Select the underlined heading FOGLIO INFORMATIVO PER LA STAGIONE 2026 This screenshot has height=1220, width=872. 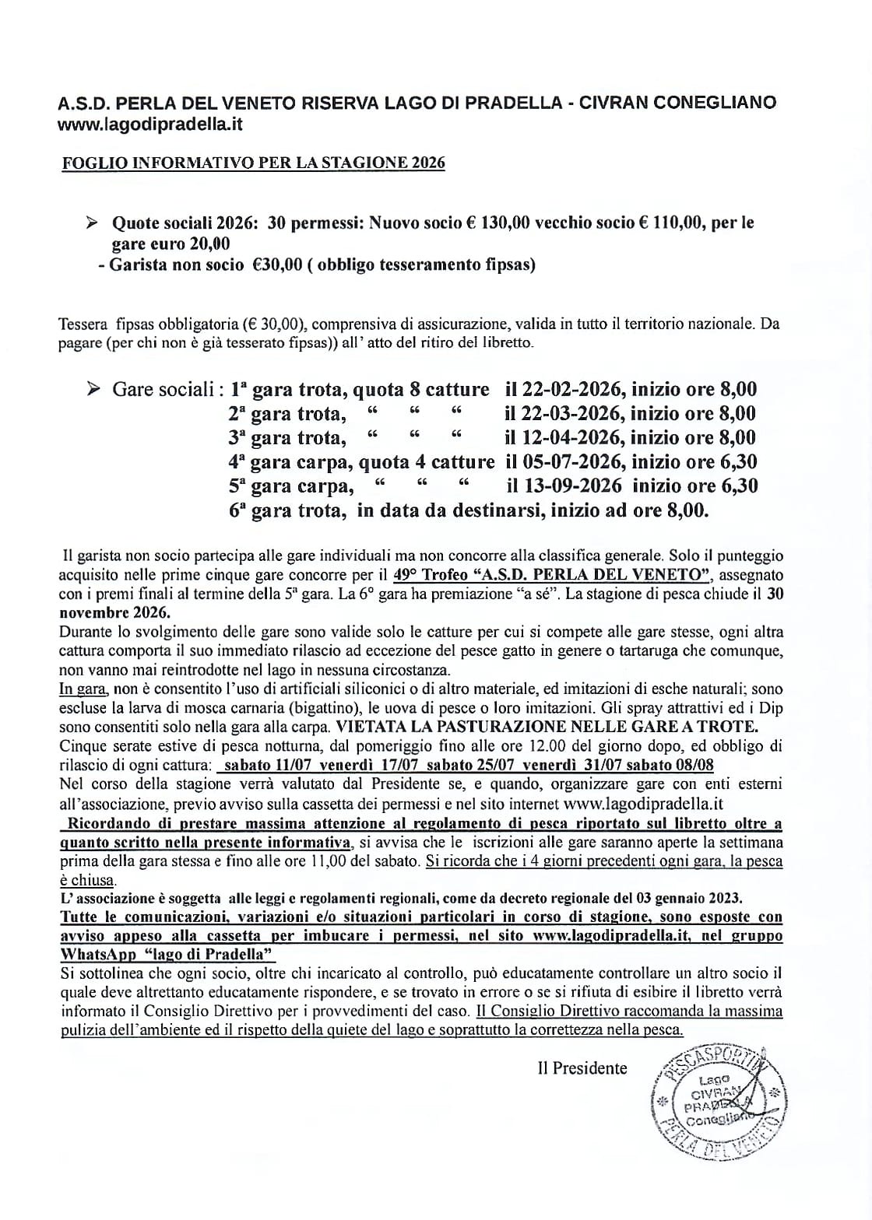pyautogui.click(x=254, y=163)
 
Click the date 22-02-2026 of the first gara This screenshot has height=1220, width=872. pyautogui.click(x=565, y=389)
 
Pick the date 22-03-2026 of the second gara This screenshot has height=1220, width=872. pyautogui.click(x=565, y=413)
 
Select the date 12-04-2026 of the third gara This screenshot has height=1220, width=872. pyautogui.click(x=565, y=437)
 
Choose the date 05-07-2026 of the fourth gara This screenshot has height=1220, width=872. pyautogui.click(x=565, y=462)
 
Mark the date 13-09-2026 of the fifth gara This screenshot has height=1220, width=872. pyautogui.click(x=567, y=486)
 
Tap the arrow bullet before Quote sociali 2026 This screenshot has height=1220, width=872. pyautogui.click(x=93, y=223)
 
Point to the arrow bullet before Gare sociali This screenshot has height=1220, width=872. pyautogui.click(x=93, y=389)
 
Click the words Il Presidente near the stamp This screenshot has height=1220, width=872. pyautogui.click(x=582, y=1068)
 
